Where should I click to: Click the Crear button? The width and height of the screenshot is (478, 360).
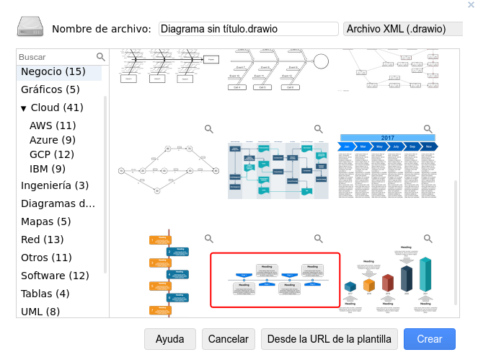click(429, 339)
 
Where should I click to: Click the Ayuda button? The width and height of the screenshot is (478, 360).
click(170, 339)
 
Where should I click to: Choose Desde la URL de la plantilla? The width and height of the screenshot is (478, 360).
click(329, 339)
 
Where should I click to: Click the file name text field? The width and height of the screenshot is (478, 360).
click(248, 29)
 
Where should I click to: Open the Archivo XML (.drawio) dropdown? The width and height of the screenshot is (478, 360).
click(402, 29)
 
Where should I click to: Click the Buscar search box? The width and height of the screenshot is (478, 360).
click(56, 57)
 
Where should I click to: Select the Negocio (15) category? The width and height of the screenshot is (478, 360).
click(53, 71)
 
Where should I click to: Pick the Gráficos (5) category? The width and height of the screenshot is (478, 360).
click(50, 89)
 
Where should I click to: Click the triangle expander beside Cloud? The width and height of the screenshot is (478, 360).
click(24, 108)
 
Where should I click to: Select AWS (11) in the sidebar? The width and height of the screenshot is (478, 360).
click(53, 126)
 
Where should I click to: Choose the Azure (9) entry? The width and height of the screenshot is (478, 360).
click(53, 140)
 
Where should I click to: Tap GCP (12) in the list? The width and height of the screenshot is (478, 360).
click(52, 154)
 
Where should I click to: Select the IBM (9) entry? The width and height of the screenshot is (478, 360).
click(48, 169)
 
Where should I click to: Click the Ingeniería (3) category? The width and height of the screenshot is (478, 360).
click(55, 185)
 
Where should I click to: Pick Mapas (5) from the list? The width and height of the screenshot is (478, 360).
click(46, 221)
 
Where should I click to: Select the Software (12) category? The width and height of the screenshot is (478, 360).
click(55, 276)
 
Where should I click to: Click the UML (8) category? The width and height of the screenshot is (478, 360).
click(40, 312)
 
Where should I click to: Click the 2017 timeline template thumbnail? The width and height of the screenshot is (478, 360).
click(388, 166)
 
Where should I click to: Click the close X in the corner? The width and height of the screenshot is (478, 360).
click(472, 5)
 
